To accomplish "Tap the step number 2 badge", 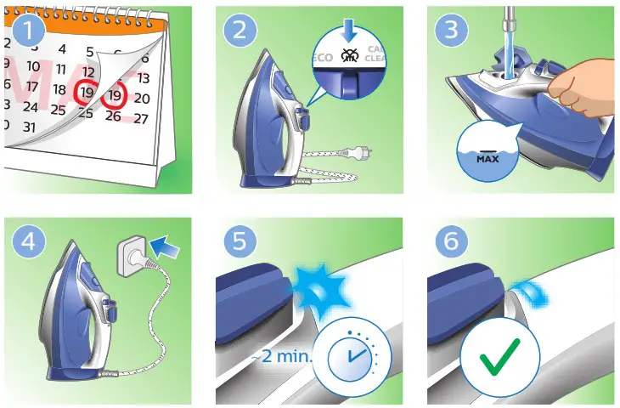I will (x=240, y=31).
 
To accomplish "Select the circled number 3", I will (x=453, y=31).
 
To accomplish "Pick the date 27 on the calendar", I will (x=141, y=119).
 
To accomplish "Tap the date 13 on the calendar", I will (x=143, y=78).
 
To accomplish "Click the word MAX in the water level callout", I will (x=488, y=158).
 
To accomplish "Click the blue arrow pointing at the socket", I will (x=170, y=248).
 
